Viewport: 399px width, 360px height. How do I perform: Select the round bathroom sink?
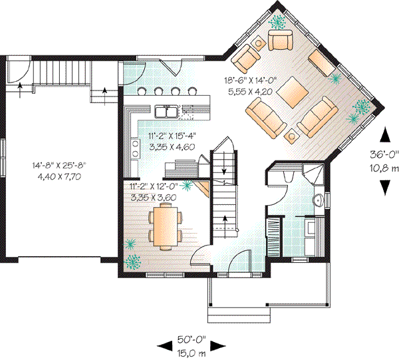click(318, 200)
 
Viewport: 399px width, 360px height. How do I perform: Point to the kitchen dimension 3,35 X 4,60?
click(172, 147)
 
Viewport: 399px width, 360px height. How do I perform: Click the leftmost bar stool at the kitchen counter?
click(142, 91)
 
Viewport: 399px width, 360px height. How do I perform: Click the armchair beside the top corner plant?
click(280, 41)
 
